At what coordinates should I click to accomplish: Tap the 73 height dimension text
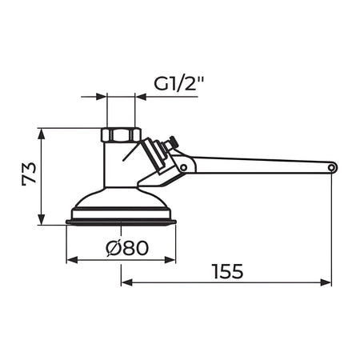29,174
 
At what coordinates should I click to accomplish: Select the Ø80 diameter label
127,248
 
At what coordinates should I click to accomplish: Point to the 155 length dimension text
228,271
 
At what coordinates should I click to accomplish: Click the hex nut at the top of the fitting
121,134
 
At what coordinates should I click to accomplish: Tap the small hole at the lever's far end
332,168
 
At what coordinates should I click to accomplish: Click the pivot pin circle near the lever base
183,167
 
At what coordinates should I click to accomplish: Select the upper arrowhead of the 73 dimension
41,134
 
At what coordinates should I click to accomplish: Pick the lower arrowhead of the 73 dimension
41,219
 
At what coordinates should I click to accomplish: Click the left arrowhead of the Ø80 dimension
72,259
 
